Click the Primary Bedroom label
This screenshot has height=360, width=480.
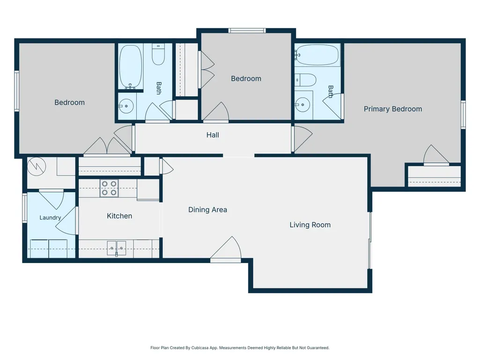tap(393, 109)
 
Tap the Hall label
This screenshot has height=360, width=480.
tap(213, 135)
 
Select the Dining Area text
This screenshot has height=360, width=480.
tap(207, 210)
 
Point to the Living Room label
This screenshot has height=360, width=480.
tap(310, 225)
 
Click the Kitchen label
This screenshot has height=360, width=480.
tap(119, 216)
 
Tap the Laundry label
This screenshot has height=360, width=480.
tap(50, 218)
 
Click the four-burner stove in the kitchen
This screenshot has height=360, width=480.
tap(109, 188)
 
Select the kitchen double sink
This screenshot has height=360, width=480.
tap(116, 248)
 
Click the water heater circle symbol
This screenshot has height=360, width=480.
tap(37, 167)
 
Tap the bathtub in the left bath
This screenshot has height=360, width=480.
tap(131, 67)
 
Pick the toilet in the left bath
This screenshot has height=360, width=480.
tap(158, 54)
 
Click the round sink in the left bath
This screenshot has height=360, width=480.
tap(126, 106)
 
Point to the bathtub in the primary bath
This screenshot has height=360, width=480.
tap(318, 55)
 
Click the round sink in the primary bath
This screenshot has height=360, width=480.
tap(303, 105)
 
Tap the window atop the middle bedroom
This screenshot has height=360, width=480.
tap(247, 30)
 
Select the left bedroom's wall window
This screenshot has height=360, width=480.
tap(17, 91)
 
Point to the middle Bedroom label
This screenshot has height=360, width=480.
tap(246, 79)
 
